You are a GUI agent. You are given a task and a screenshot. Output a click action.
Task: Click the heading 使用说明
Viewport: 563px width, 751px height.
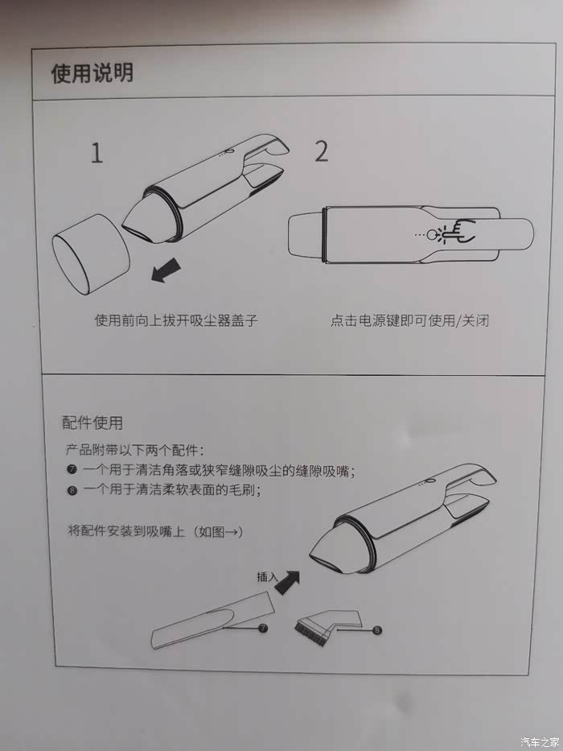pyautogui.click(x=92, y=73)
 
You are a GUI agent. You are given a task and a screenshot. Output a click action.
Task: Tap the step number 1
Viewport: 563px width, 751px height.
pyautogui.click(x=97, y=153)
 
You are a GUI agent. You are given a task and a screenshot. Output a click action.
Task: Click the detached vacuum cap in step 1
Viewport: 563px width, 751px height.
pyautogui.click(x=91, y=254)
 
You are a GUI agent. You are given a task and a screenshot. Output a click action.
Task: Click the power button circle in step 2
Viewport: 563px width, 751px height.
pyautogui.click(x=433, y=235)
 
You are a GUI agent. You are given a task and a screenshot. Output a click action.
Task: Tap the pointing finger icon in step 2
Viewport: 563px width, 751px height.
pyautogui.click(x=458, y=230)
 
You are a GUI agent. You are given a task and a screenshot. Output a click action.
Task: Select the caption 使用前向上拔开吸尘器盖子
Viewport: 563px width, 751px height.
pyautogui.click(x=176, y=320)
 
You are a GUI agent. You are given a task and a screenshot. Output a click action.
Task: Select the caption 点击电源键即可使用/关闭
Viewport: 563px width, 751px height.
pyautogui.click(x=410, y=320)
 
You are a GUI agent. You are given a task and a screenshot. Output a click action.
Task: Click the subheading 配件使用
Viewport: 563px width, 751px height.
pyautogui.click(x=92, y=423)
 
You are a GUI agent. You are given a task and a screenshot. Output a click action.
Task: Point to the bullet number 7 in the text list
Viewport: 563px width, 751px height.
pyautogui.click(x=72, y=469)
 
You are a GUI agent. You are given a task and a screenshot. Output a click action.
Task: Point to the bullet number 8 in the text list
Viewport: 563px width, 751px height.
pyautogui.click(x=72, y=490)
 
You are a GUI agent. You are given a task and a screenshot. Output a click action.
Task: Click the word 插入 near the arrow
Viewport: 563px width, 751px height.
pyautogui.click(x=267, y=576)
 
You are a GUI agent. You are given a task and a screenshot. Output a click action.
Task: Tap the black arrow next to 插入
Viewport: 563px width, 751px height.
pyautogui.click(x=287, y=583)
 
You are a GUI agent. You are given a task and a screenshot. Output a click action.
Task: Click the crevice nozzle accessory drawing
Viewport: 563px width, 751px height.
pyautogui.click(x=213, y=621)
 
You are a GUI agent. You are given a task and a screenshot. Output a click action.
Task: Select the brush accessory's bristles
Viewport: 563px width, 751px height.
pyautogui.click(x=311, y=632)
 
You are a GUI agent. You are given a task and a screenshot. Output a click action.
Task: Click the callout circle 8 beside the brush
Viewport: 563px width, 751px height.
pyautogui.click(x=377, y=630)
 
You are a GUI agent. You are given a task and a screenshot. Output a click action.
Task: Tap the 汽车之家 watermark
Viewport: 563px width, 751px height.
pyautogui.click(x=539, y=742)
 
